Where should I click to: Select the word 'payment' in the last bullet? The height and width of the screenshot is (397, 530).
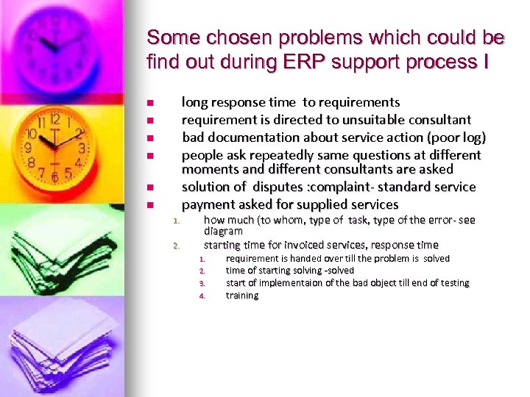pyautogui.click(x=205, y=204)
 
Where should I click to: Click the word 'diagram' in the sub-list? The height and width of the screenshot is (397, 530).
pyautogui.click(x=223, y=231)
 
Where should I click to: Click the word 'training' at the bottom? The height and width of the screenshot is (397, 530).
pyautogui.click(x=242, y=296)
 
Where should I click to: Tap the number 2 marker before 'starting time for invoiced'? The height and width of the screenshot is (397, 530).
pyautogui.click(x=176, y=246)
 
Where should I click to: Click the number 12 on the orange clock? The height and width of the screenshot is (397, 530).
pyautogui.click(x=54, y=121)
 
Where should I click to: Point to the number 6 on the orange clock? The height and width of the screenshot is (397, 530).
pyautogui.click(x=54, y=177)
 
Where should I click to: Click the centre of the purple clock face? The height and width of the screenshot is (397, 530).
pyautogui.click(x=54, y=44)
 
